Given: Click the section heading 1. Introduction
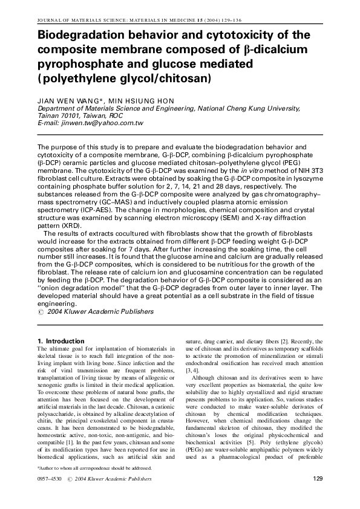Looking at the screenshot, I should point(61,341).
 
